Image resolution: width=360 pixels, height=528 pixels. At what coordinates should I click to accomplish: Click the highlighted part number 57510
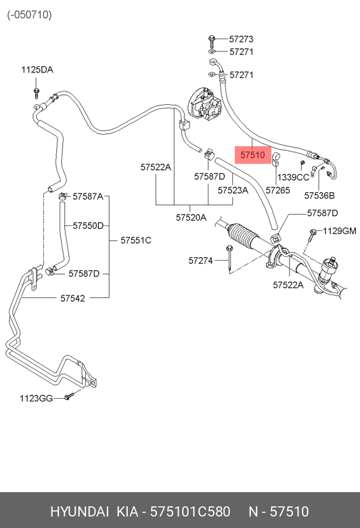click(x=252, y=155)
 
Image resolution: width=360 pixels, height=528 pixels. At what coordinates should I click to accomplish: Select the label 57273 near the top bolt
click(x=241, y=39)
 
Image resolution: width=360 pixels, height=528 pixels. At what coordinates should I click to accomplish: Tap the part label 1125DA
click(x=37, y=70)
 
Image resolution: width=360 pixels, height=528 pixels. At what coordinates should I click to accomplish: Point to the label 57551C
click(x=136, y=240)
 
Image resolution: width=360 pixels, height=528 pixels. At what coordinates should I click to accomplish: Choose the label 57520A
click(x=191, y=217)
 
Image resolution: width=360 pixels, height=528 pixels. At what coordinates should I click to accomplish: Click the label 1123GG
click(x=36, y=398)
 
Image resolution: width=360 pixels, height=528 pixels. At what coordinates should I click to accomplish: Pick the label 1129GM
click(x=340, y=231)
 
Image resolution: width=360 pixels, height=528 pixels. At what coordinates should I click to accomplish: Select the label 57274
click(x=200, y=261)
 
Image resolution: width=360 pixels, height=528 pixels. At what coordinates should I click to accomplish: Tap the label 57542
click(x=72, y=299)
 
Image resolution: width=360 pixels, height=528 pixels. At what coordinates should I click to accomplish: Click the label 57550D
click(x=88, y=225)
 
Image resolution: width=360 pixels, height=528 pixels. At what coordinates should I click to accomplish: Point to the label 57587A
click(x=88, y=196)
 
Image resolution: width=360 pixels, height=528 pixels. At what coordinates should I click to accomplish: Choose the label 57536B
click(x=319, y=196)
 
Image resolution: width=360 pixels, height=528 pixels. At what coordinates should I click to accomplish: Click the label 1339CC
click(x=293, y=177)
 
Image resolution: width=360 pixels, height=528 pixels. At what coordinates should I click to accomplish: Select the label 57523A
click(x=233, y=190)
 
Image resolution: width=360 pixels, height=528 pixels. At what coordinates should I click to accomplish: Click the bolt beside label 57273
click(x=212, y=41)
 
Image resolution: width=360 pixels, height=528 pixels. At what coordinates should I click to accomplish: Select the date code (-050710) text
click(x=30, y=15)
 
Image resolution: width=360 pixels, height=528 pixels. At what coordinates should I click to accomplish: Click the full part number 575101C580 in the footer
click(x=190, y=512)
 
